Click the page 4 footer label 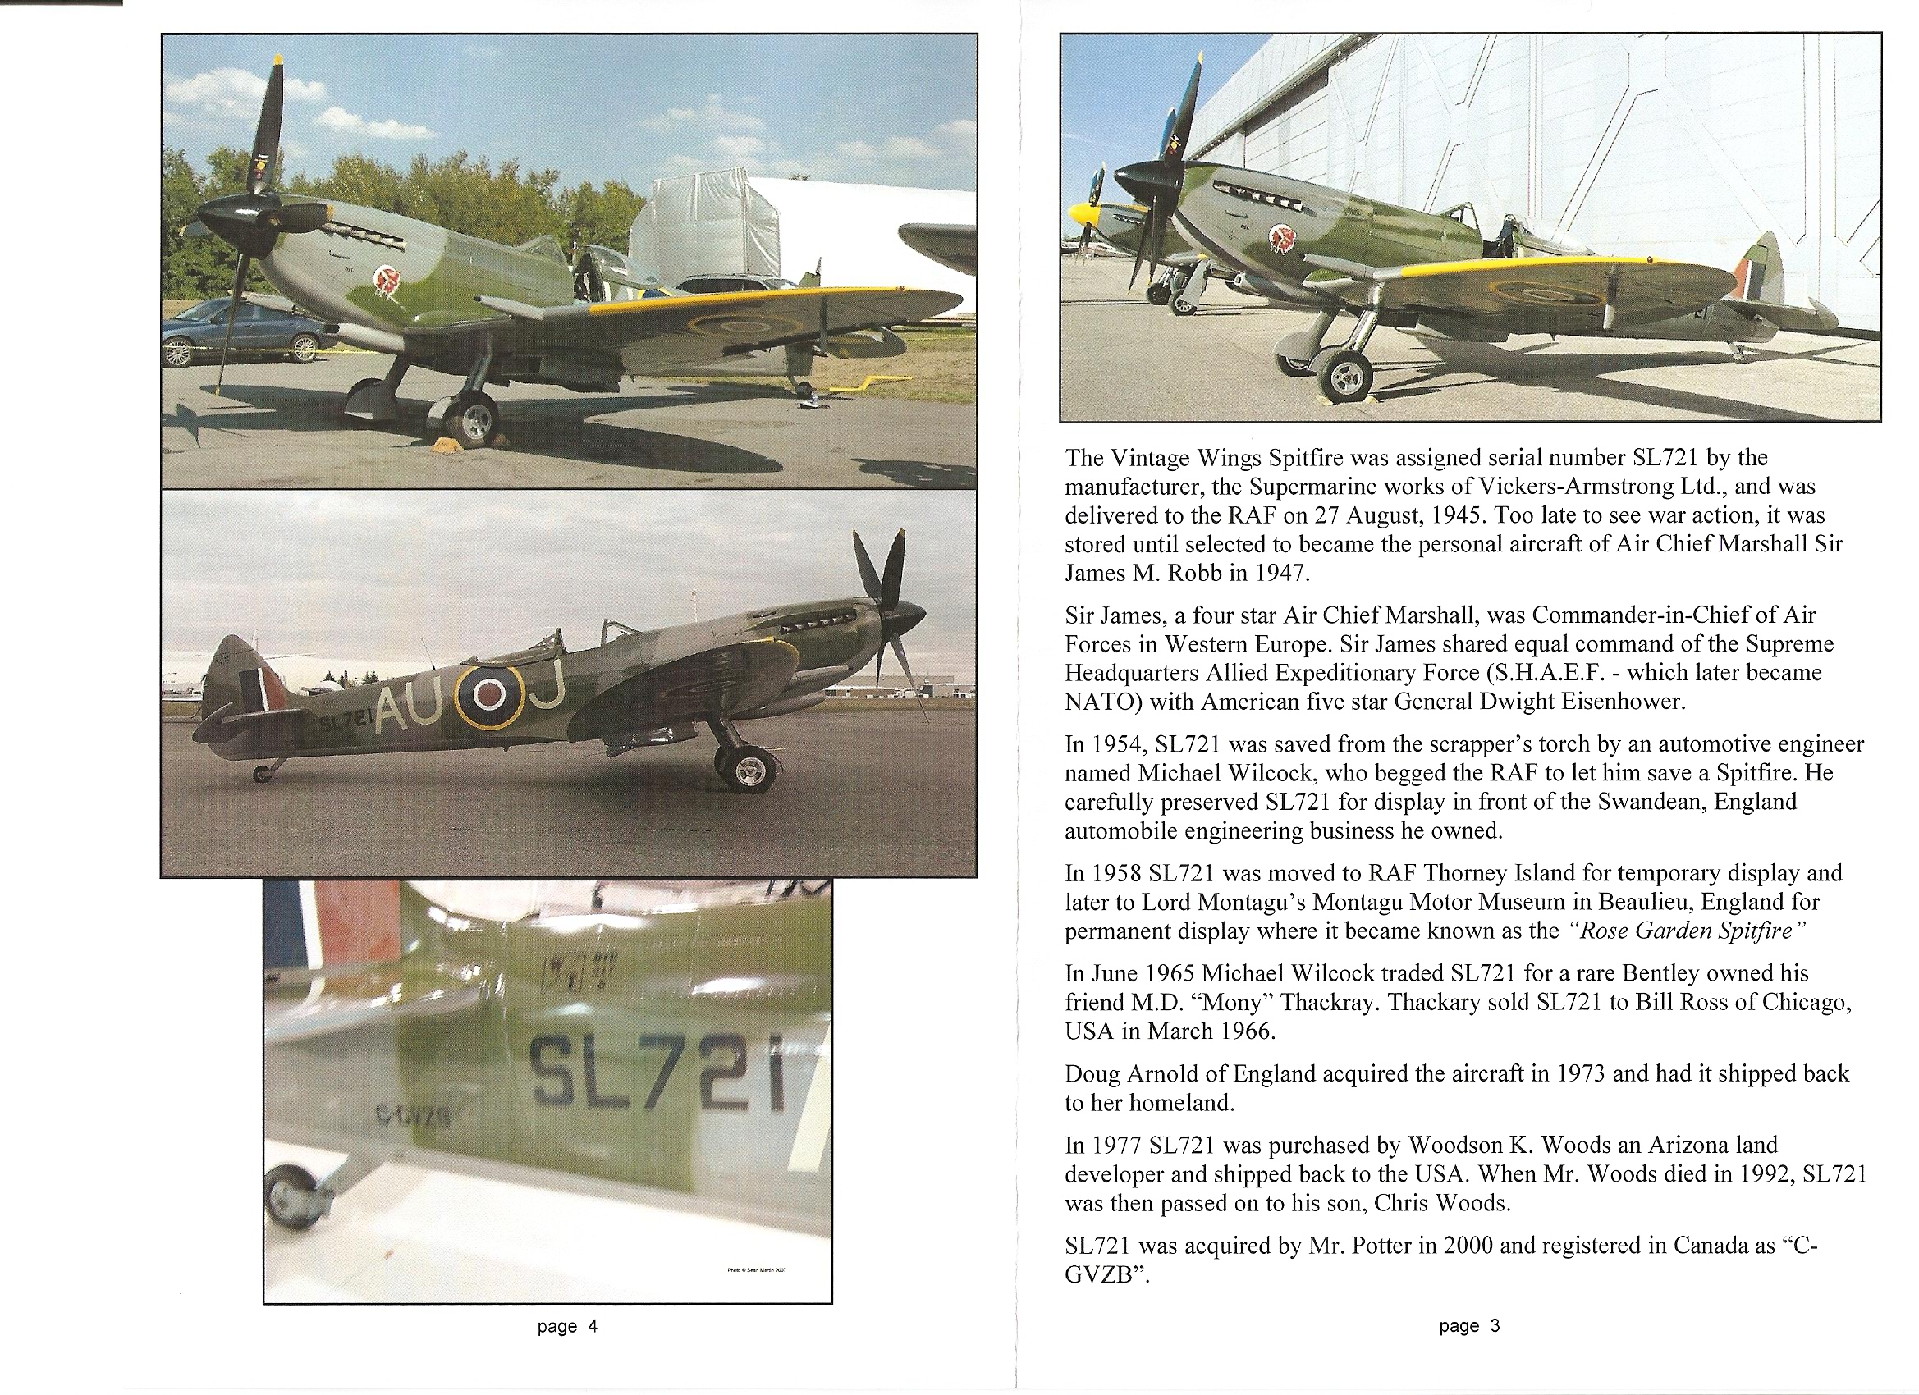click(x=567, y=1326)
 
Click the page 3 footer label click(x=1469, y=1325)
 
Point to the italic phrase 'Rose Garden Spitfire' click(x=1688, y=931)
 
